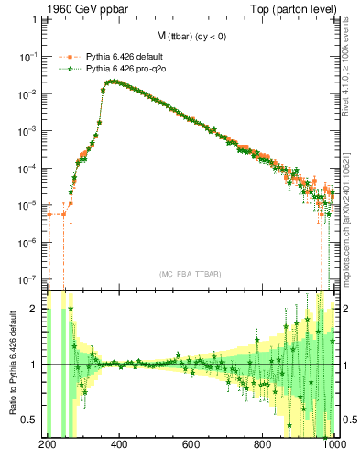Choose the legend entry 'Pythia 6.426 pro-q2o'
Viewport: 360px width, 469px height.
pos(124,68)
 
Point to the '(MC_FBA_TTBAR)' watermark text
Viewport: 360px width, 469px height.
pos(192,274)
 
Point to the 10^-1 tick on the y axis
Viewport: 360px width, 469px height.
pos(31,56)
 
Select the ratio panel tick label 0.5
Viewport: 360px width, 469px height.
pos(34,420)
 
